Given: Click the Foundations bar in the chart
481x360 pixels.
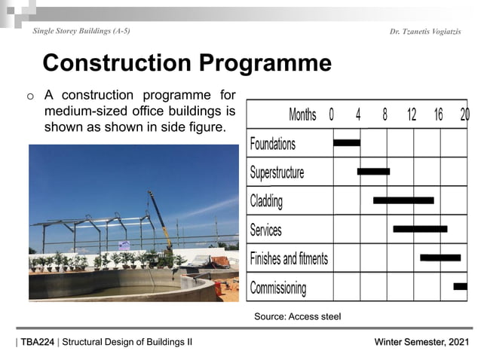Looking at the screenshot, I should [347, 142].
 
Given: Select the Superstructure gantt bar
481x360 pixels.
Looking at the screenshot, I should [373, 172].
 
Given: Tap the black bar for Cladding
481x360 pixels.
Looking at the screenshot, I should [403, 200].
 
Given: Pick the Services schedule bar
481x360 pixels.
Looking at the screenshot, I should [420, 229].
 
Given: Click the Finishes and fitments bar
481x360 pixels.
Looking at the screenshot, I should [440, 258].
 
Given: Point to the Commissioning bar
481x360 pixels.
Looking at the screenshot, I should [460, 286].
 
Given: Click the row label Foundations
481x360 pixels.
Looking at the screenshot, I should [272, 143].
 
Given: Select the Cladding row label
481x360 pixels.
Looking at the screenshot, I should [266, 201].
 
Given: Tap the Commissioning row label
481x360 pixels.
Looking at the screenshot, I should [277, 288].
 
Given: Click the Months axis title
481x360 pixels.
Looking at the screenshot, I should [302, 114].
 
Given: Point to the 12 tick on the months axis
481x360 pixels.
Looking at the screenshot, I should [412, 114].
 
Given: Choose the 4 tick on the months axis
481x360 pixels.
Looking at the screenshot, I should [358, 114].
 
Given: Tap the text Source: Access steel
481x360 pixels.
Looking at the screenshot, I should [297, 316].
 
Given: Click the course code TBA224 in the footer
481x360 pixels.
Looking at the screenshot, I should [37, 343].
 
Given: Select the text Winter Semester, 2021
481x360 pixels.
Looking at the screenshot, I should [422, 343].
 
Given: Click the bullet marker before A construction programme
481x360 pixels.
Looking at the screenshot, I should [30, 96].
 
